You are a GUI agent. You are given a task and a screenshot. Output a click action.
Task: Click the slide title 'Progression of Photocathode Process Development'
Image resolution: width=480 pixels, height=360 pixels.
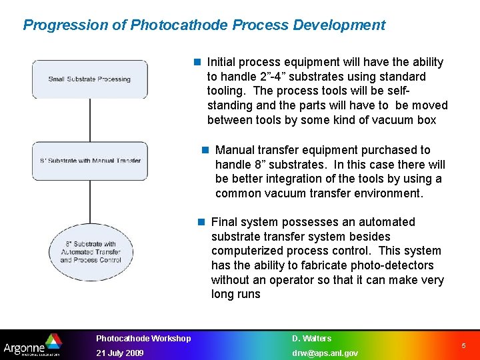pyautogui.click(x=204, y=25)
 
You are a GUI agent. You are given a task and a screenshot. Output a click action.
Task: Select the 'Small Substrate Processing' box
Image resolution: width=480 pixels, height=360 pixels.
pyautogui.click(x=90, y=79)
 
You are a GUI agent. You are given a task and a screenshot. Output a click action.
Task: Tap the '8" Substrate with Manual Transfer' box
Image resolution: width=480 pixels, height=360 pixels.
pyautogui.click(x=90, y=161)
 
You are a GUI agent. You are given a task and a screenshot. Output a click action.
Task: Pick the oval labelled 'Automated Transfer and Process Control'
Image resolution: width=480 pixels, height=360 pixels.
pyautogui.click(x=91, y=252)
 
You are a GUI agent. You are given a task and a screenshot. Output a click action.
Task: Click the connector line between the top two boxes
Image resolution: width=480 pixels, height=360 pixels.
pyautogui.click(x=90, y=120)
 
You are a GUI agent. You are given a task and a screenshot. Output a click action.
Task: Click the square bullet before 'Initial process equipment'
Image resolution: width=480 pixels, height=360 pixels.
pyautogui.click(x=197, y=62)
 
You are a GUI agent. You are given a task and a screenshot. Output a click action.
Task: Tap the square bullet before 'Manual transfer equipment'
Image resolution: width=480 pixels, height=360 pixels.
pyautogui.click(x=205, y=150)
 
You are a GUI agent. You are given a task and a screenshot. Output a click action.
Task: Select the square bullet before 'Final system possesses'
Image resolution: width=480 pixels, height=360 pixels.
pyautogui.click(x=201, y=222)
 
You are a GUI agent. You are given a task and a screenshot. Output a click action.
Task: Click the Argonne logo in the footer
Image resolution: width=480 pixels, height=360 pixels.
pyautogui.click(x=33, y=345)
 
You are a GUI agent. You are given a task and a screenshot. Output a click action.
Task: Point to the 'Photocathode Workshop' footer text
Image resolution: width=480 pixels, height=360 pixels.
pyautogui.click(x=143, y=339)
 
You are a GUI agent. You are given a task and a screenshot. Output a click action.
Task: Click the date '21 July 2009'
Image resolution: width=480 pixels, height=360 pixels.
pyautogui.click(x=119, y=353)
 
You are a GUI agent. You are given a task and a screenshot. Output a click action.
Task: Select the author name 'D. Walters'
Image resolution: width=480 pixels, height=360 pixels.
pyautogui.click(x=311, y=339)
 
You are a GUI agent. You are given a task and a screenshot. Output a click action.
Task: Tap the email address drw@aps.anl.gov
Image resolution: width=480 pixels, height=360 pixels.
pyautogui.click(x=325, y=353)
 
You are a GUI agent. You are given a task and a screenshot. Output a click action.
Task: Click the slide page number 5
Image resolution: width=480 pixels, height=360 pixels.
pyautogui.click(x=464, y=346)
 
